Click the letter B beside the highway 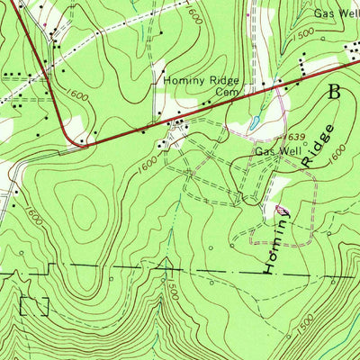[335, 91]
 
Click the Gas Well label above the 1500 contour [336, 14]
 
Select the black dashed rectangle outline [33, 305]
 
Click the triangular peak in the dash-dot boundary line [166, 263]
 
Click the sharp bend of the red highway [72, 135]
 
